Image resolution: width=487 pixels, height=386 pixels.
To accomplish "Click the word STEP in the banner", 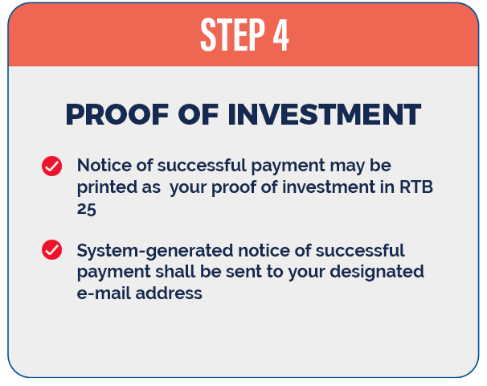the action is coord(232,35).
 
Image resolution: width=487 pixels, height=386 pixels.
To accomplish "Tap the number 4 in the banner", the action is coord(281,35).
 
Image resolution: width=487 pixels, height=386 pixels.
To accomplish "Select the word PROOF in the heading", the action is coord(117,114).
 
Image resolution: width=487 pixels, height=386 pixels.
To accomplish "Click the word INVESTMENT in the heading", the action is coord(324,114).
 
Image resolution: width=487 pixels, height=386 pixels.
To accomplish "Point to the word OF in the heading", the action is coord(198,114).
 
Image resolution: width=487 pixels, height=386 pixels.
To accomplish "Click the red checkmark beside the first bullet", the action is coord(52,166).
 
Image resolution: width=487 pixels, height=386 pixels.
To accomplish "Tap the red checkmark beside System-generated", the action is coord(52,249).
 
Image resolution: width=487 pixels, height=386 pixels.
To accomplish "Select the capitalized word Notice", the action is coord(104,165).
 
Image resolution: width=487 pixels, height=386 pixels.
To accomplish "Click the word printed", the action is coord(107,187).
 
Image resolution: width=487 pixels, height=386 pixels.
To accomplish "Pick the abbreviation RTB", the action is coord(416,187).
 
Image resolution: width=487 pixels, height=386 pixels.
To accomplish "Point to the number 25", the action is coord(87,209).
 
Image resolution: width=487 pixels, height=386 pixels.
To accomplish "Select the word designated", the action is coord(377,273).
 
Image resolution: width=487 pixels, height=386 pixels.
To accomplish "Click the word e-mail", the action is coord(104,293).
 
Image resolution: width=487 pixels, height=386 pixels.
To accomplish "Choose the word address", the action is coord(169,293).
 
